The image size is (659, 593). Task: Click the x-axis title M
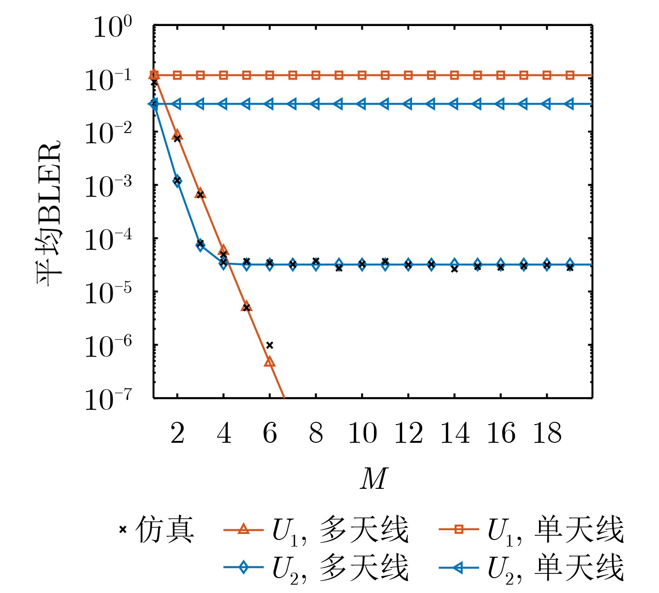click(x=373, y=478)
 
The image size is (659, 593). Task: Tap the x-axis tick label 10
click(x=362, y=433)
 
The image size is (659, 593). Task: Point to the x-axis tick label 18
click(x=547, y=433)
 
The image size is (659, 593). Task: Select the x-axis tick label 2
click(x=177, y=433)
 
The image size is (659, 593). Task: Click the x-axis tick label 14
click(x=454, y=433)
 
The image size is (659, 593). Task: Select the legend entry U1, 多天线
click(x=316, y=530)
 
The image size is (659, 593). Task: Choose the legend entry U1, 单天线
click(x=531, y=530)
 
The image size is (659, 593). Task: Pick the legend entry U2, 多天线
click(x=316, y=567)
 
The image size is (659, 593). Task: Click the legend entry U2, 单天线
click(x=531, y=567)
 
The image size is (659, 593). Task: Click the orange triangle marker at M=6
click(x=270, y=362)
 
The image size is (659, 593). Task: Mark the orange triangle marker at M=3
click(x=200, y=193)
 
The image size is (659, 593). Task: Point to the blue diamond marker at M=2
click(x=177, y=181)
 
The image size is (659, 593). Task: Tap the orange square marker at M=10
click(x=362, y=75)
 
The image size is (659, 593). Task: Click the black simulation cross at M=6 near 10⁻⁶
click(x=270, y=345)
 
